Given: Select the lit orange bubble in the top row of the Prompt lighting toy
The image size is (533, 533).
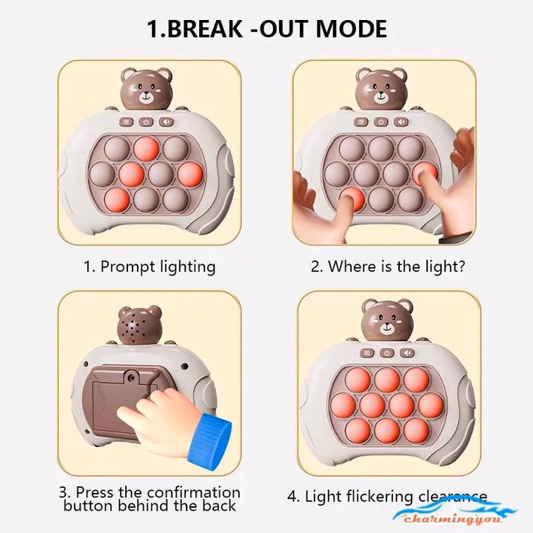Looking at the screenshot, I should pos(147,148).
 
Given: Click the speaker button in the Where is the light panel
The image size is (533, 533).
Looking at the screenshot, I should pos(400,122).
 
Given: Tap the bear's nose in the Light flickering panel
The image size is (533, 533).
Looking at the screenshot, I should pos(388,326).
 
